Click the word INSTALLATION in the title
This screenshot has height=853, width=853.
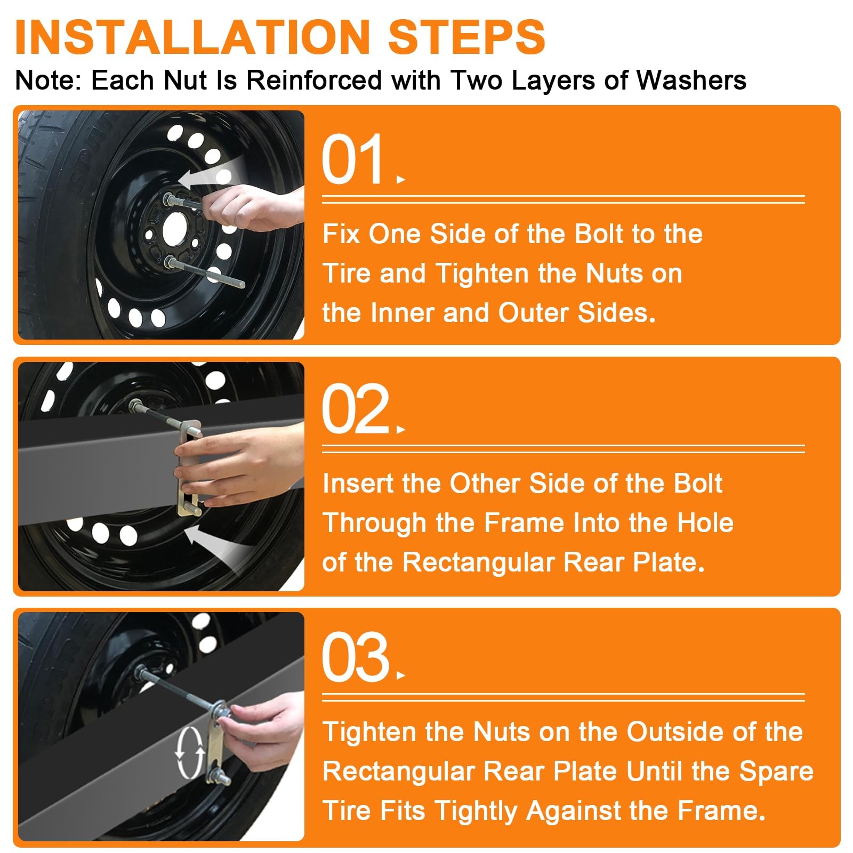(x=192, y=37)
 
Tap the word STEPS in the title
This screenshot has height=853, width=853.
(x=467, y=37)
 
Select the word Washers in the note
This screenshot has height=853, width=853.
(x=691, y=81)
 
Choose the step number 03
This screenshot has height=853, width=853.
(x=356, y=657)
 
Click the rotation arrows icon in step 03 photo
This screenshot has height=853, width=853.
(x=190, y=752)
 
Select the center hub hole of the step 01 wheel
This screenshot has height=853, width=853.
(x=175, y=229)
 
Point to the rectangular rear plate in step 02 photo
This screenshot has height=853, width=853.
(x=189, y=468)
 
